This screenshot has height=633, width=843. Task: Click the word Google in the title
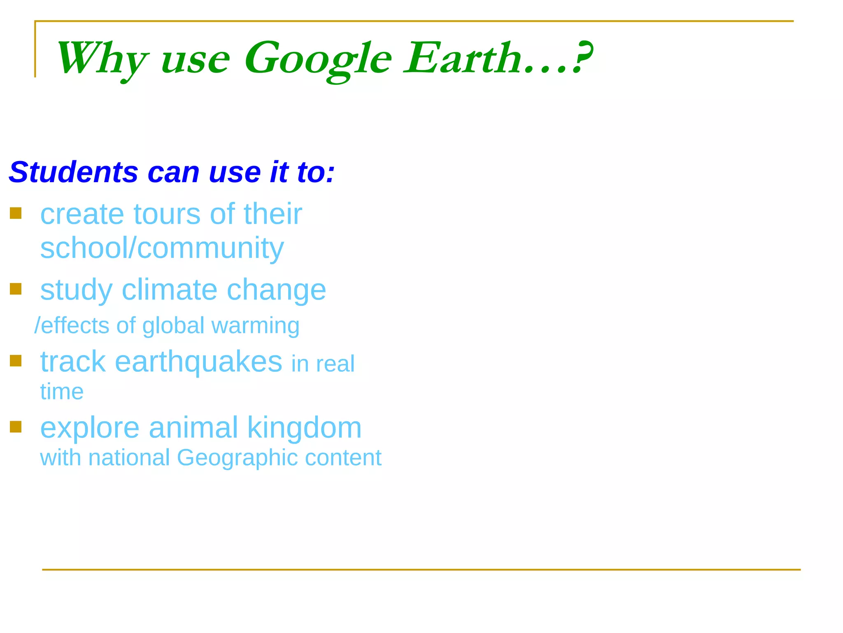(318, 59)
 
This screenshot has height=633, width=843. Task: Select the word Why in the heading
(101, 59)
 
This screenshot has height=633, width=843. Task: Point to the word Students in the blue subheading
(73, 172)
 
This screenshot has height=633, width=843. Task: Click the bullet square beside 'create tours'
(16, 213)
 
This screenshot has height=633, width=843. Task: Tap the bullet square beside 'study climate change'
(16, 289)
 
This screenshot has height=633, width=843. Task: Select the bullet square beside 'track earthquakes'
(16, 361)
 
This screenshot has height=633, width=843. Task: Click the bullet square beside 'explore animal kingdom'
(16, 427)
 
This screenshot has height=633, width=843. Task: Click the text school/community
(162, 248)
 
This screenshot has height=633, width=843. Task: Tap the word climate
(169, 289)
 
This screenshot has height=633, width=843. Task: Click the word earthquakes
(198, 362)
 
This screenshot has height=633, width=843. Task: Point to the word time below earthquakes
(62, 392)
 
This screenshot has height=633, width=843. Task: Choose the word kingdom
(304, 427)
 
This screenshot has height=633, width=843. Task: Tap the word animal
(193, 427)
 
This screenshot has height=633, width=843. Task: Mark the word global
(173, 326)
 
